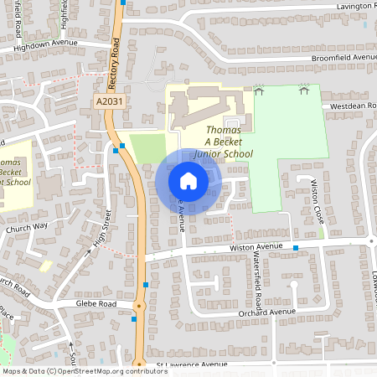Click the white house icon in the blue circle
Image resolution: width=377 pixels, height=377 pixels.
[x=188, y=180]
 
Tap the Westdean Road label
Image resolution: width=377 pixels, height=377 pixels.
[x=352, y=106]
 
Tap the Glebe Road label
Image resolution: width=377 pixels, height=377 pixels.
[x=94, y=303]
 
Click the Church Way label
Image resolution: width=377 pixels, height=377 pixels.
[x=27, y=227]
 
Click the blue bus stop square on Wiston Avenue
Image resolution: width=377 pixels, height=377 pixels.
[x=296, y=248]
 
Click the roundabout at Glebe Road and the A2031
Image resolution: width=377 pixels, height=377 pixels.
[x=138, y=305]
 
